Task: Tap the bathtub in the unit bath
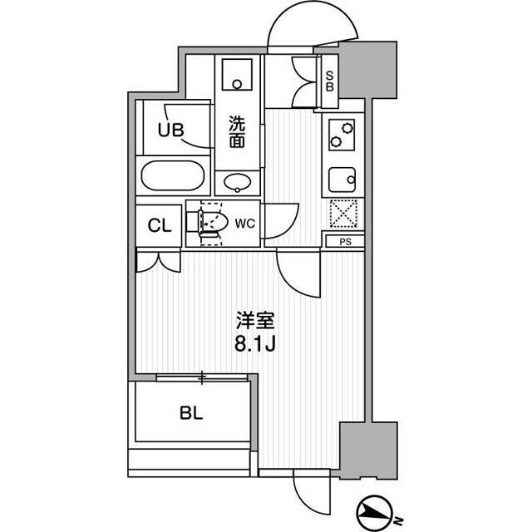(173, 176)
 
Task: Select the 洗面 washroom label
(238, 131)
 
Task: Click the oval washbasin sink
(238, 183)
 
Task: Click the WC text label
(244, 223)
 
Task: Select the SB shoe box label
(329, 81)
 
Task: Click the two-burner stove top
(342, 133)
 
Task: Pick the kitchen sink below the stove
(342, 178)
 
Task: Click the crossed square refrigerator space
(342, 214)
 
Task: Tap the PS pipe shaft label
(344, 242)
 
